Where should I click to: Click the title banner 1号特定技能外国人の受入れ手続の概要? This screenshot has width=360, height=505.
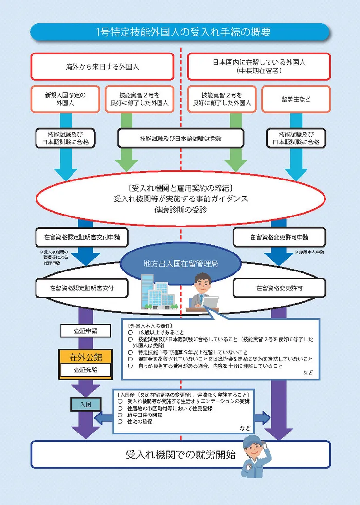pos(180,32)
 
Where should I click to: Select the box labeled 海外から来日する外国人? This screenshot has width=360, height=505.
pos(102,67)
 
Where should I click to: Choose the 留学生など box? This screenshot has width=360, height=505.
pos(295,99)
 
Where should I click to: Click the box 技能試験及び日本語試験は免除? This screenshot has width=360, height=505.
pos(180,138)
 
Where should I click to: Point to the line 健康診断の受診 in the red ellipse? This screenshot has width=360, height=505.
pos(180,210)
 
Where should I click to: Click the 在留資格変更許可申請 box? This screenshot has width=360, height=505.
pos(279,237)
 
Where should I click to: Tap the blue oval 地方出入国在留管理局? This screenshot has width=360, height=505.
pos(180,264)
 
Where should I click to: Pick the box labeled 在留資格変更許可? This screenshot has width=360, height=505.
pos(279,288)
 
